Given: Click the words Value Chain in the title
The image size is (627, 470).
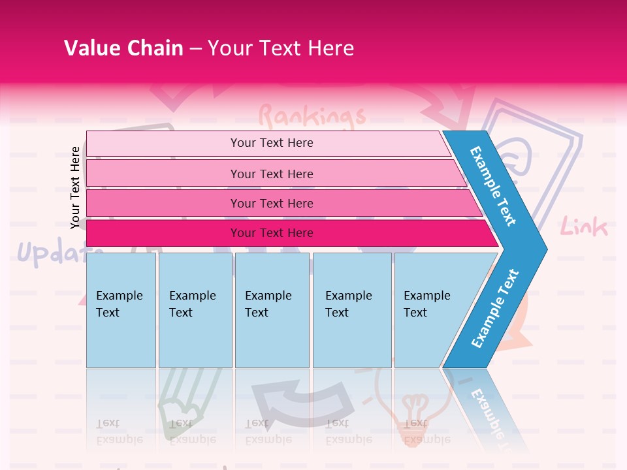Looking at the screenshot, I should (123, 48).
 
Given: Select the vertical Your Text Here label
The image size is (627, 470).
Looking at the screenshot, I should (75, 187).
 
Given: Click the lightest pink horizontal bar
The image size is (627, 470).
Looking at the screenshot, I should (271, 143).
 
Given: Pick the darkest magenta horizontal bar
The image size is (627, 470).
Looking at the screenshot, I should (271, 233).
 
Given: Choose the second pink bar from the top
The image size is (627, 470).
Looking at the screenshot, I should (271, 174).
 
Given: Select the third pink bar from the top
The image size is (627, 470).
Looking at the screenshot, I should (271, 203).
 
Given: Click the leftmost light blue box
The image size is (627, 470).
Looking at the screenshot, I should (121, 310).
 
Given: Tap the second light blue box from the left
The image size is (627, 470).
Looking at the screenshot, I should (195, 310).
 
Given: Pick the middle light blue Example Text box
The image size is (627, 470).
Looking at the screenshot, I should (272, 310).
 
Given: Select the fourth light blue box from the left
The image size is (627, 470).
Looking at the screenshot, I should (351, 310).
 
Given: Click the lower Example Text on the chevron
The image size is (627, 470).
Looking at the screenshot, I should (495, 308).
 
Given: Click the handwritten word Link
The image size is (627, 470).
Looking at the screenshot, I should (584, 227).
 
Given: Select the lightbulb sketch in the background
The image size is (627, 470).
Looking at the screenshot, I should (414, 408).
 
